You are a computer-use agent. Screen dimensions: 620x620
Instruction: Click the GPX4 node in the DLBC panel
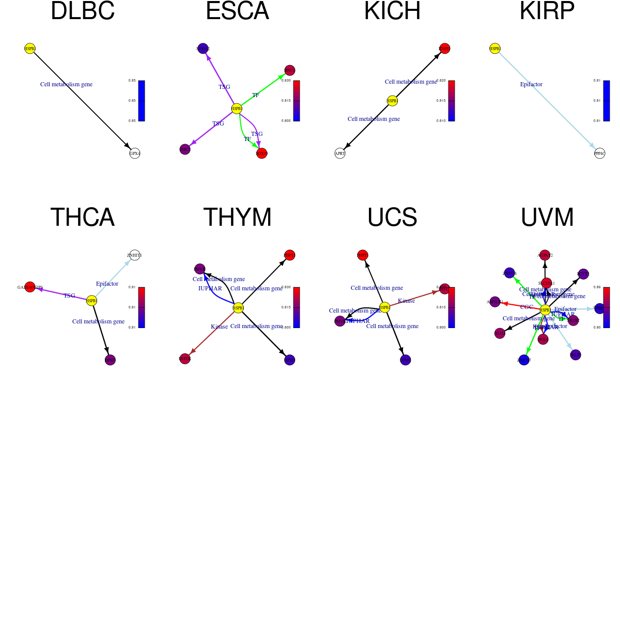pyautogui.click(x=135, y=153)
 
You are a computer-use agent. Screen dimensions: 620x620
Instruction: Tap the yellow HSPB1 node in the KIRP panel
pyautogui.click(x=495, y=49)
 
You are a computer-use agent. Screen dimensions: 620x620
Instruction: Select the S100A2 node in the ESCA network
pyautogui.click(x=203, y=49)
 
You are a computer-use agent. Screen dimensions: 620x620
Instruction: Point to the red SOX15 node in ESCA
pyautogui.click(x=262, y=153)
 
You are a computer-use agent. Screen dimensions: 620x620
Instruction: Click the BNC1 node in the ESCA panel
pyautogui.click(x=290, y=70)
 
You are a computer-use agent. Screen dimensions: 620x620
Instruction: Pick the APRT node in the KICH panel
pyautogui.click(x=340, y=153)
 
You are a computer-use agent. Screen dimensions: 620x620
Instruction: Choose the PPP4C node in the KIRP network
pyautogui.click(x=600, y=153)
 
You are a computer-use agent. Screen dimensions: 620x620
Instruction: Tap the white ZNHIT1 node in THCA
pyautogui.click(x=135, y=255)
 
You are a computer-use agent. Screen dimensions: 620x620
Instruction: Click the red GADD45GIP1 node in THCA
pyautogui.click(x=30, y=287)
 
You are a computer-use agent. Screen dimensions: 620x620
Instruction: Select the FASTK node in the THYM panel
pyautogui.click(x=185, y=359)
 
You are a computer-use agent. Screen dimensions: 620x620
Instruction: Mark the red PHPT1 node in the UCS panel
pyautogui.click(x=363, y=255)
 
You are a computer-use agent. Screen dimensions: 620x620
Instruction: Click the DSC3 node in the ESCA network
pyautogui.click(x=185, y=149)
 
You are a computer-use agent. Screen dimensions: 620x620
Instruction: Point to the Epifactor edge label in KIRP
pyautogui.click(x=531, y=84)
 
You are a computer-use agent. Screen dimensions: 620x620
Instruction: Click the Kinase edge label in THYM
pyautogui.click(x=219, y=327)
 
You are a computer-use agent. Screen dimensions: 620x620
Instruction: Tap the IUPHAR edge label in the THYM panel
pyautogui.click(x=210, y=288)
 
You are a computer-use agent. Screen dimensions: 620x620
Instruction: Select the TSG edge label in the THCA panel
pyautogui.click(x=69, y=296)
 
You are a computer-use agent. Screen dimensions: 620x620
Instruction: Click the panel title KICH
pyautogui.click(x=392, y=11)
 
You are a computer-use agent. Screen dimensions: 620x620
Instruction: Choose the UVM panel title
pyautogui.click(x=547, y=218)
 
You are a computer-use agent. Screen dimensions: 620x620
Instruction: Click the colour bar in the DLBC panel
pyautogui.click(x=142, y=101)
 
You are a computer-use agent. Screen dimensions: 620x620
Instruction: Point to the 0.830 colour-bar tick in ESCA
pyautogui.click(x=286, y=81)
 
